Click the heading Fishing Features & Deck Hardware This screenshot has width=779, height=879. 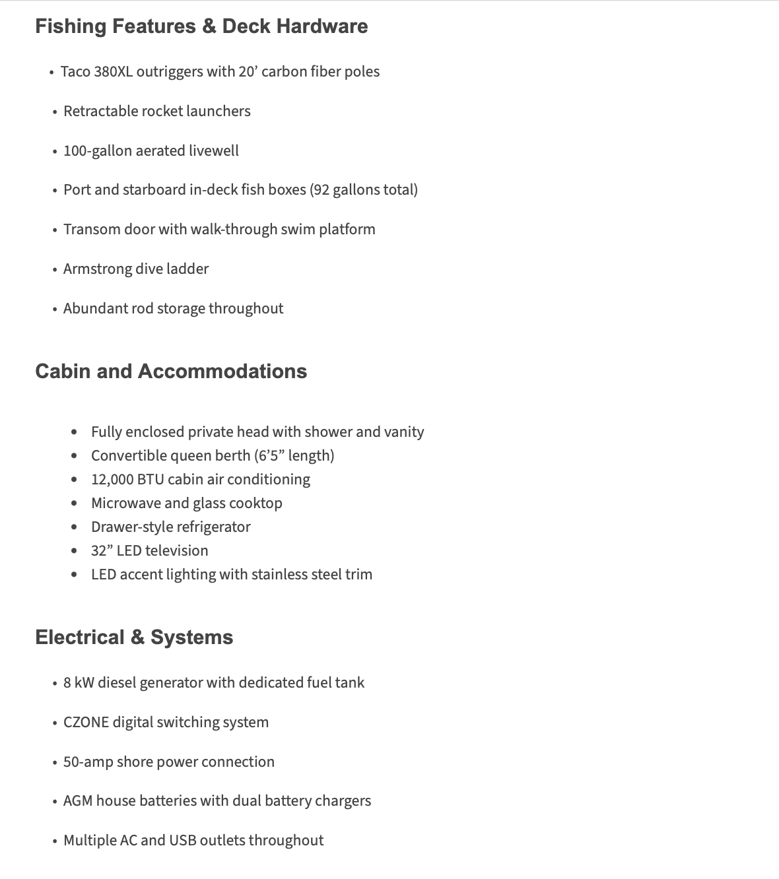(x=201, y=26)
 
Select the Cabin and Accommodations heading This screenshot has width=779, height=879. (x=171, y=372)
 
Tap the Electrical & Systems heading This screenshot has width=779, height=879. (x=134, y=637)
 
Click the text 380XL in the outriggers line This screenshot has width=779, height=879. (x=113, y=72)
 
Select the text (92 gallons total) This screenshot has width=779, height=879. (x=364, y=190)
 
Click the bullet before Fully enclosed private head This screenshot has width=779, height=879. (x=75, y=432)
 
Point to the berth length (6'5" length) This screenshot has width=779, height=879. (x=294, y=456)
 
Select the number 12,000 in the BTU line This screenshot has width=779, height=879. (x=112, y=480)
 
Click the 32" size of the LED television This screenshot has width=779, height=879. (x=102, y=551)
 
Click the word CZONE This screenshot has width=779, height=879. (x=86, y=723)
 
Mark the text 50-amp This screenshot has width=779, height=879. (x=88, y=762)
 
